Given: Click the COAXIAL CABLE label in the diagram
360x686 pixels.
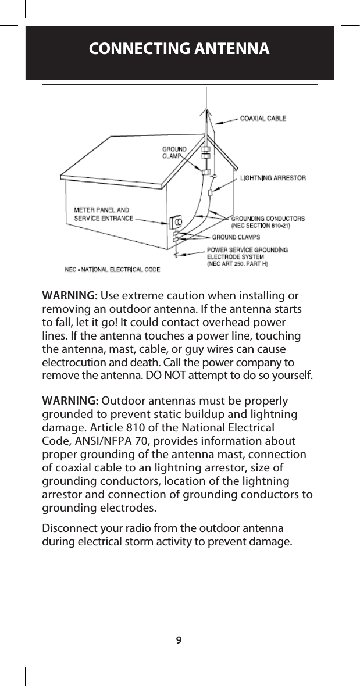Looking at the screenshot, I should pyautogui.click(x=263, y=119).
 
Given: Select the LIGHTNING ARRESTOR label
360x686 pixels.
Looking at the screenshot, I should pyautogui.click(x=273, y=178).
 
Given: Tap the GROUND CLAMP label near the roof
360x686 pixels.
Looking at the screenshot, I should pyautogui.click(x=173, y=152).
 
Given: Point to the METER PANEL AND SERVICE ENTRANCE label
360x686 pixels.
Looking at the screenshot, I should pyautogui.click(x=102, y=214).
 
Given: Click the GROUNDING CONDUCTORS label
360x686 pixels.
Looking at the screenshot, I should pyautogui.click(x=268, y=221).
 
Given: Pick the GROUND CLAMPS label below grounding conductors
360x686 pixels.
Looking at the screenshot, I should pyautogui.click(x=236, y=237).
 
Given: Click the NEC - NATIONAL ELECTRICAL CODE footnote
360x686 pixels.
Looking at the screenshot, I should pyautogui.click(x=112, y=269).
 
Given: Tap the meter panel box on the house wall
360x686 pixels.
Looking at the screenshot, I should pyautogui.click(x=177, y=222).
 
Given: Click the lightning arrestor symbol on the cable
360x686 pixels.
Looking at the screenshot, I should pyautogui.click(x=209, y=192).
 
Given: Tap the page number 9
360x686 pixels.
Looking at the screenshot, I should pyautogui.click(x=179, y=640).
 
